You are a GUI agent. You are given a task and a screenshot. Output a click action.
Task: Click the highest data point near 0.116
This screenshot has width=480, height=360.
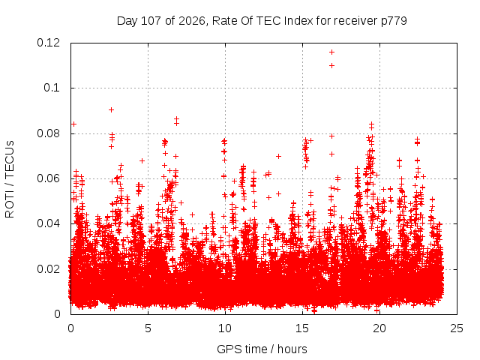[x=331, y=52]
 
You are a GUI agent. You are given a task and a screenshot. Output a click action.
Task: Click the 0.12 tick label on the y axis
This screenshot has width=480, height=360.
[x=48, y=43]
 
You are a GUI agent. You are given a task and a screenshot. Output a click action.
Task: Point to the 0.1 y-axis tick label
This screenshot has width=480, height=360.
[x=52, y=88]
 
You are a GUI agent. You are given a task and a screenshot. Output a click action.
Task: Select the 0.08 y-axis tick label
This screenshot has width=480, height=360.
[x=48, y=133]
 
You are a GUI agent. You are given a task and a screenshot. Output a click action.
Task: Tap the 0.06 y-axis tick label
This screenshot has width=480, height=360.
[x=48, y=178]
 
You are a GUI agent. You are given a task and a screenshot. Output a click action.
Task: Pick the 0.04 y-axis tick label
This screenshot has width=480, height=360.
[x=48, y=223]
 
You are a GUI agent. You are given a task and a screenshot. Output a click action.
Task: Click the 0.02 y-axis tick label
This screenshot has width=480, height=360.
[x=48, y=269]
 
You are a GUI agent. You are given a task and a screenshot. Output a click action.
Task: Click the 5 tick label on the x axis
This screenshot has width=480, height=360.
[x=148, y=328]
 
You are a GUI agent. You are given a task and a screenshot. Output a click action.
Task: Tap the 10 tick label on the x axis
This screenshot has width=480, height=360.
[x=225, y=328]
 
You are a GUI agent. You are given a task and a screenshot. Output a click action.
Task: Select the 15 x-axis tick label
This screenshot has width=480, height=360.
[x=302, y=328]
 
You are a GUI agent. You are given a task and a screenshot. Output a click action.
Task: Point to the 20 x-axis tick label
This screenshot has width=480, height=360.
[x=379, y=328]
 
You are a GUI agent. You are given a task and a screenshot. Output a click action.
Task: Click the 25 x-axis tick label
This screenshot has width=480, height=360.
[x=457, y=328]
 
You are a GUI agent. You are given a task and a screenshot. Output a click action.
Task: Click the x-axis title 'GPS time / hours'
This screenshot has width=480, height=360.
[x=262, y=349]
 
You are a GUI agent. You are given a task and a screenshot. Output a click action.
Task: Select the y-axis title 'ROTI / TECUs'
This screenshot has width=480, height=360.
[x=10, y=179]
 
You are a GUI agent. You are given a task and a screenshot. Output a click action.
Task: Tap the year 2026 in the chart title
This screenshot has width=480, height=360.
[x=192, y=21]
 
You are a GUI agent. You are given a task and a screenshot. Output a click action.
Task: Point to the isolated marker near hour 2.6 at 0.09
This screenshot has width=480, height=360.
[x=112, y=110]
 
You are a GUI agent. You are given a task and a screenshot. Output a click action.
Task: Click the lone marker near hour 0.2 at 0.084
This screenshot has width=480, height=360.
[x=73, y=124]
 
